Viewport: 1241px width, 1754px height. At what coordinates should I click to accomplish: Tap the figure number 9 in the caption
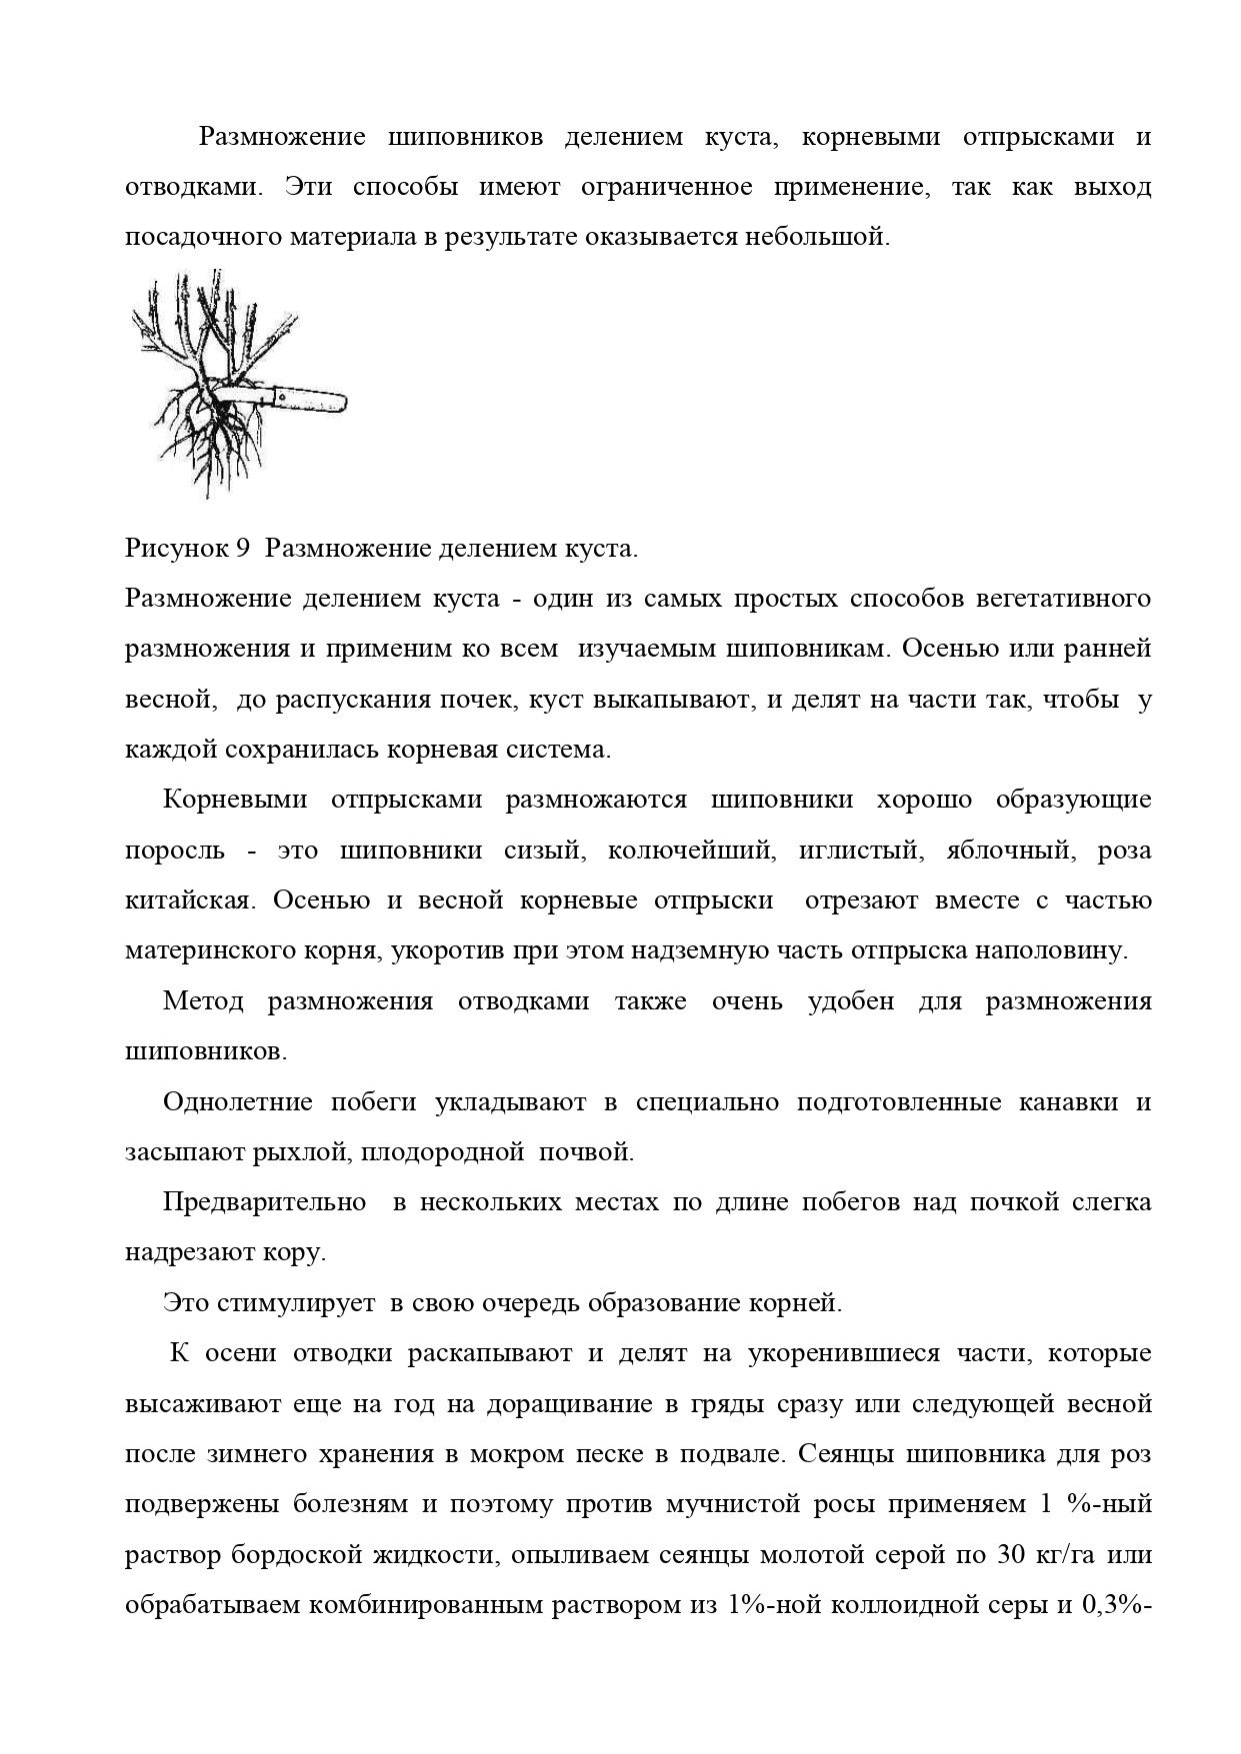click(241, 549)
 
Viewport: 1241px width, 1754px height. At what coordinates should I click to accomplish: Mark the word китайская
click(186, 900)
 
